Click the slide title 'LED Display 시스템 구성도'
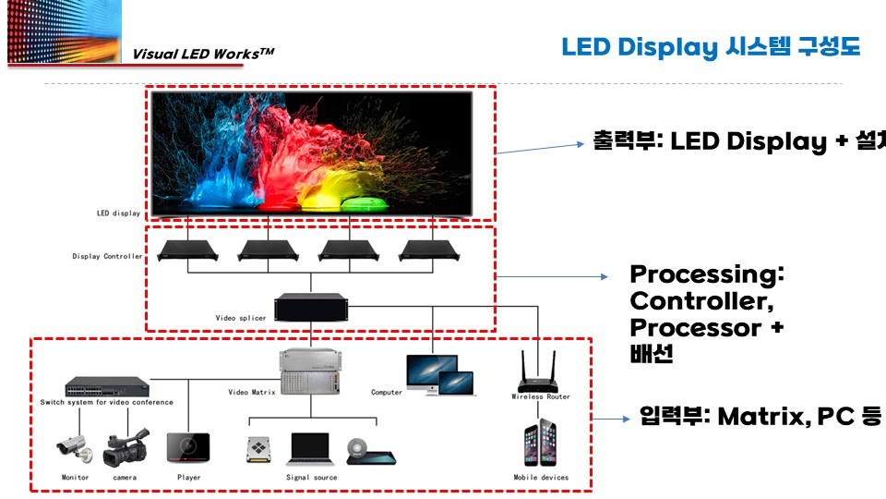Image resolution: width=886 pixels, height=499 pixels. point(711,47)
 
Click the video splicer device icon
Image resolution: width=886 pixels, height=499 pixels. point(310,308)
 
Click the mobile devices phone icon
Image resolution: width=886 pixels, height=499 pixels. point(541,444)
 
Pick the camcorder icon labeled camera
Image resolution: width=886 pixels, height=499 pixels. point(126,448)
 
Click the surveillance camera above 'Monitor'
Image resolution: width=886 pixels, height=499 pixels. point(74,448)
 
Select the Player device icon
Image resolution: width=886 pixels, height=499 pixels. point(187,447)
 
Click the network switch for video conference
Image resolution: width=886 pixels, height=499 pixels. point(106,385)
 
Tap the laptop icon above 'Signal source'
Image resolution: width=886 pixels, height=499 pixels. point(310,448)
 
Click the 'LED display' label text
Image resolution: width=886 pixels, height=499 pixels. point(119,213)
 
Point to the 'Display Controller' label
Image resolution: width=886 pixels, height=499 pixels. point(107,256)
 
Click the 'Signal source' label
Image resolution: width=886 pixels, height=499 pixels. point(311,478)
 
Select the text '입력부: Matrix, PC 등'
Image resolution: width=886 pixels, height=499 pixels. point(760,417)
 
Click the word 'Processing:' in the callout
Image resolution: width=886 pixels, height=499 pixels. point(706,274)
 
